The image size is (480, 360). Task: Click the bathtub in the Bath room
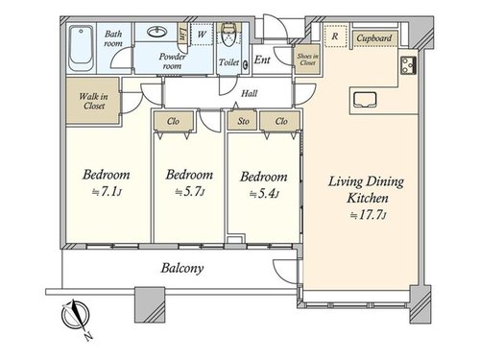coord(82,49)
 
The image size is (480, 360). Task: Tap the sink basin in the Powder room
coord(156,32)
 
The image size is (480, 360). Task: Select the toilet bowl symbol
coord(228,35)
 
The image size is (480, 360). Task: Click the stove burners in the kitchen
coord(408,65)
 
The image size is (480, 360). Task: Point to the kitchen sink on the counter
coord(365,100)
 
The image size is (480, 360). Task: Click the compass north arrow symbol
coord(76,315)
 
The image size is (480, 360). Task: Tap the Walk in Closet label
coord(93,101)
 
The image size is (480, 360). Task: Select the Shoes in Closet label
coord(307,60)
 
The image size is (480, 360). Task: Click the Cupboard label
coord(374,38)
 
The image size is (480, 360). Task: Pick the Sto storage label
coord(243,121)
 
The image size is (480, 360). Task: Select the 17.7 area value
coord(372,215)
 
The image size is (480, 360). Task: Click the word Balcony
coord(182,268)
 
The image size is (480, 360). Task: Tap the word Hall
coord(250,93)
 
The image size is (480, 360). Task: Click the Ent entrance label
coord(262,60)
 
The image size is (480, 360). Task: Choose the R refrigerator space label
coord(334,36)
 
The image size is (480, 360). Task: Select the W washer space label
coord(202,34)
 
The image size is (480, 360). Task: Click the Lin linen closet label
coord(182,34)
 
